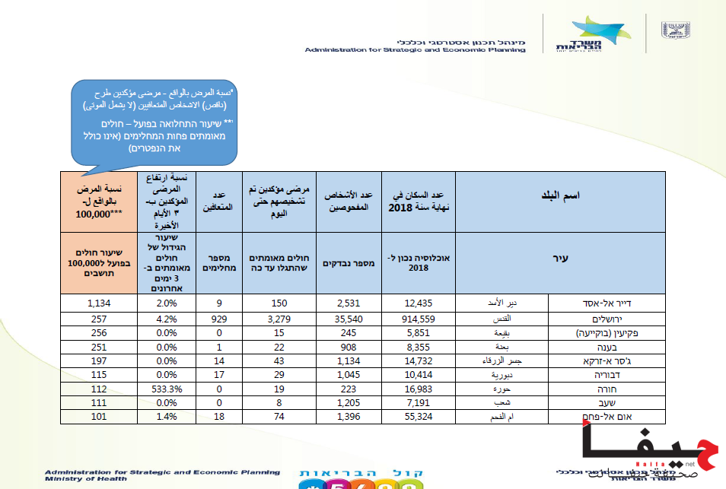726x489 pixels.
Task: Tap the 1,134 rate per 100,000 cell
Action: pyautogui.click(x=100, y=304)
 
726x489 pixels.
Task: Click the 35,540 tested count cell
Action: pyautogui.click(x=342, y=318)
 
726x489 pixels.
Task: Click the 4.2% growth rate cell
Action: pyautogui.click(x=166, y=318)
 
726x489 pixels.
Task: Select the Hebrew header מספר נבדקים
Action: pyautogui.click(x=342, y=263)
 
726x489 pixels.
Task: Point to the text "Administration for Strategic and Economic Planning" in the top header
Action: pyautogui.click(x=415, y=49)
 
